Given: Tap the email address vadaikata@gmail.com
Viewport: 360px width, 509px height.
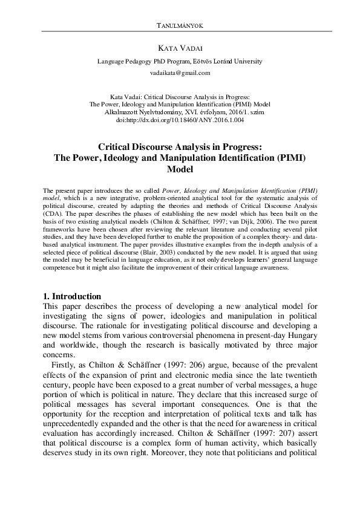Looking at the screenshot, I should [180, 73].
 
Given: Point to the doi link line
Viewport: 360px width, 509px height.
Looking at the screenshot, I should [180, 120].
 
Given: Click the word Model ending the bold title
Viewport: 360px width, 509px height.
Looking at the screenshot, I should [180, 170].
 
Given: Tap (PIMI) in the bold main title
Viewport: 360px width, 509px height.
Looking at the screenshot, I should [291, 158].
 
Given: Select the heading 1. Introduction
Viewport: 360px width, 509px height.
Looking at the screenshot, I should [72, 296].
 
